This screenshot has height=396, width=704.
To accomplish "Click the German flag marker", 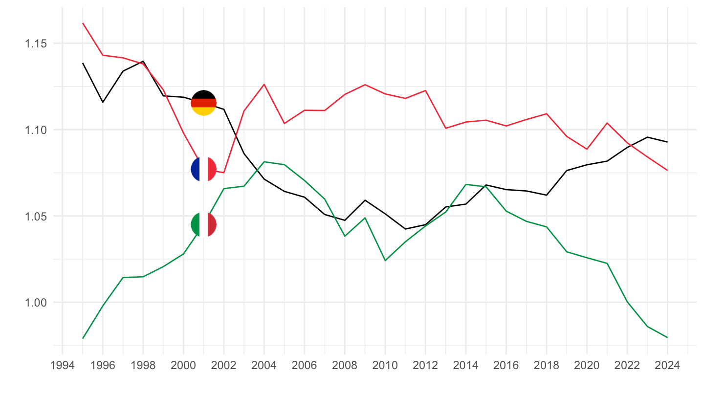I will coord(203,103).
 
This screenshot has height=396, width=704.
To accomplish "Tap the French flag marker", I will coord(203,169).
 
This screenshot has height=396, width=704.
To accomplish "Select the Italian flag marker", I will coord(203,224).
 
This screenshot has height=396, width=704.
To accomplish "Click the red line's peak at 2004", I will coord(264,84).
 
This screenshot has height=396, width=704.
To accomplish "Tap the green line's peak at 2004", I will coord(264,161).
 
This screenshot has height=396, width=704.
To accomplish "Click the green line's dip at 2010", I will coord(385,261).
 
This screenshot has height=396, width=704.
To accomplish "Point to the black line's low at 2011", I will coord(405,229).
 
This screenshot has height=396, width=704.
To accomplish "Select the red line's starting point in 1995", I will coord(83,23).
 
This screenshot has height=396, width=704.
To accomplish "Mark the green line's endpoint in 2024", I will coord(667,337).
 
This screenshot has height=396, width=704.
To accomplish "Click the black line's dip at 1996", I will coord(103,102).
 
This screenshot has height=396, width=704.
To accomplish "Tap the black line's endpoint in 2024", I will coord(667,142).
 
